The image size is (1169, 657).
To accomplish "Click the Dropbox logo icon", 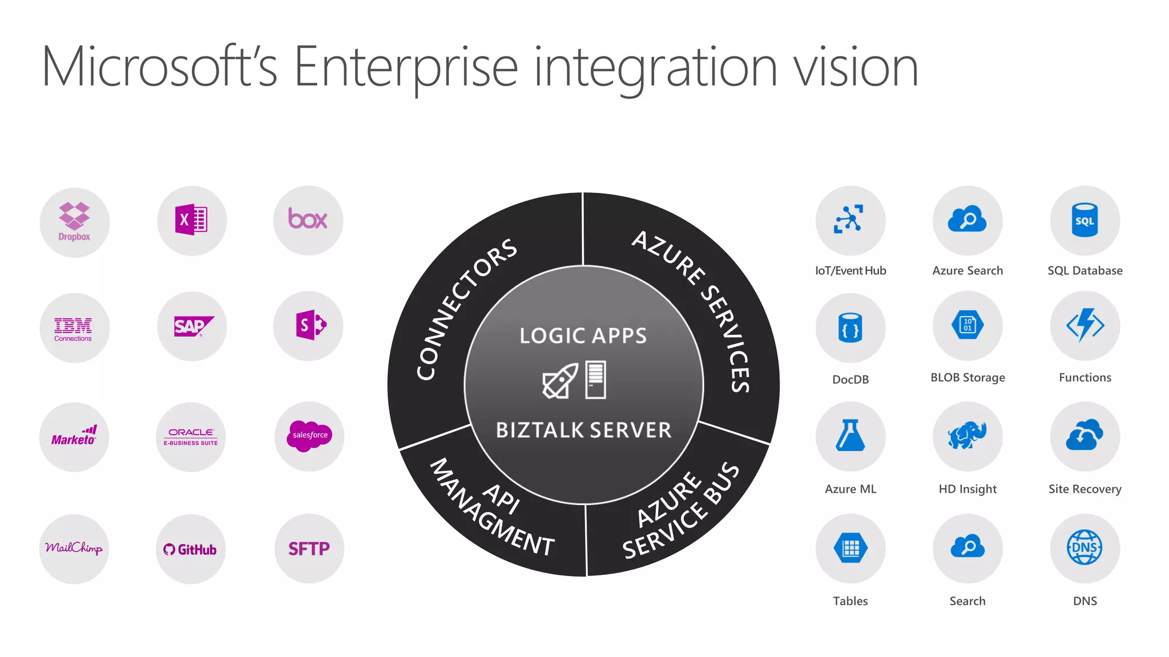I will pyautogui.click(x=74, y=221).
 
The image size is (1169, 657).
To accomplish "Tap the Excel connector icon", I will pyautogui.click(x=191, y=220).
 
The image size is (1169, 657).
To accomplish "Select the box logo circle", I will pyautogui.click(x=308, y=220).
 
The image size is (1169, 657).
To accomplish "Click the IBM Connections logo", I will pyautogui.click(x=74, y=328).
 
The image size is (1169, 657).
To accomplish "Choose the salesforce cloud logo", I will pyautogui.click(x=310, y=436).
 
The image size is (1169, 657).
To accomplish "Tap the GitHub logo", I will pyautogui.click(x=190, y=549).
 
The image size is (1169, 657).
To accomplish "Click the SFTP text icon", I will pyautogui.click(x=309, y=549).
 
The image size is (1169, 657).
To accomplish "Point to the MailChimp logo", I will pyautogui.click(x=74, y=548).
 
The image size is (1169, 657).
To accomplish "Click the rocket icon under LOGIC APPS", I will pyautogui.click(x=559, y=381).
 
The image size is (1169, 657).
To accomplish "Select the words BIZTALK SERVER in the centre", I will pyautogui.click(x=583, y=430).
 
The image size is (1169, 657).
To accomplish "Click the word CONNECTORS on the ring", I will pyautogui.click(x=465, y=309).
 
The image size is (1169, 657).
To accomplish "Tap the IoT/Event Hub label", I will pyautogui.click(x=850, y=271).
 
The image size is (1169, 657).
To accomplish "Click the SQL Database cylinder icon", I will pyautogui.click(x=1085, y=220).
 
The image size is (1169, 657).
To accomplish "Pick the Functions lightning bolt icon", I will pyautogui.click(x=1085, y=325).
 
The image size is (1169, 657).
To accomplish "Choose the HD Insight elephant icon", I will pyautogui.click(x=968, y=436).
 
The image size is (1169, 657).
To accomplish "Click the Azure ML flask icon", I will pyautogui.click(x=850, y=436).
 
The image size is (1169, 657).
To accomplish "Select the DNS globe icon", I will pyautogui.click(x=1085, y=547).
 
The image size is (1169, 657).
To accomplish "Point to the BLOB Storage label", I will pyautogui.click(x=968, y=378).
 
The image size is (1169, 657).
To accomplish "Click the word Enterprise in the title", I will pyautogui.click(x=406, y=67).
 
